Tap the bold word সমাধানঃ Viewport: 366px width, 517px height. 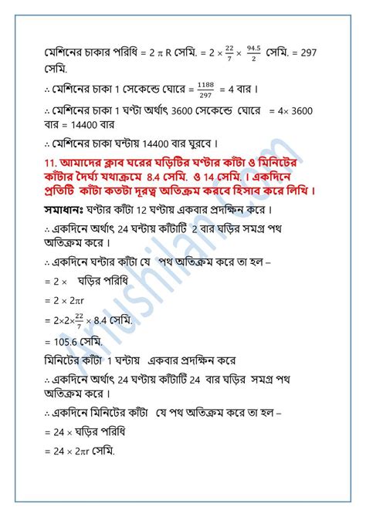click(x=66, y=208)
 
